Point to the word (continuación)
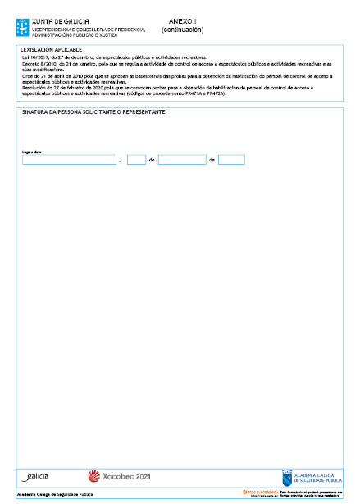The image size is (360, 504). coord(182,30)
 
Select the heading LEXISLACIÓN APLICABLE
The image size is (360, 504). coord(49,50)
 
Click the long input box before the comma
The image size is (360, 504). coord(69,160)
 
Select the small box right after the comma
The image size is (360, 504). coord(136,160)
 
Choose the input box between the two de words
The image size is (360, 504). coord(181,160)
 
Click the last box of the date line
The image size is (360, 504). coord(231,160)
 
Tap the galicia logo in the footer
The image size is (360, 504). coord(34,475)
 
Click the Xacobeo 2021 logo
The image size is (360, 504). coord(118,476)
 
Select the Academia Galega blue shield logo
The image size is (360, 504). coord(287,476)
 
